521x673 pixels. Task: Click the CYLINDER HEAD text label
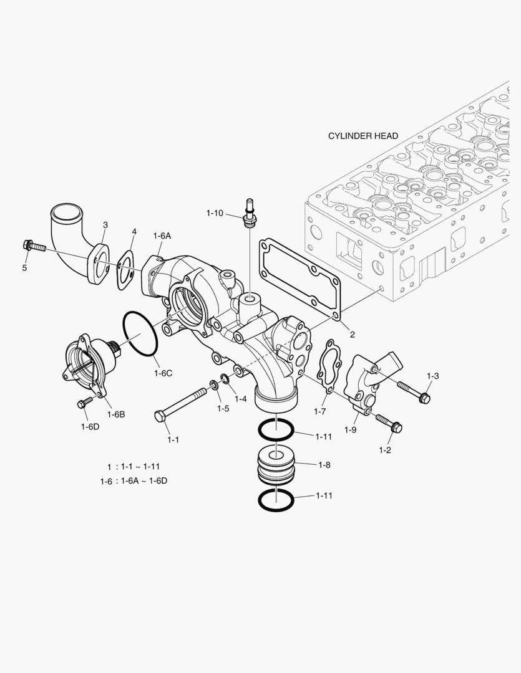[x=363, y=136]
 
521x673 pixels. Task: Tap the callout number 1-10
[x=214, y=213]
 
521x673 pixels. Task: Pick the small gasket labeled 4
[x=127, y=269]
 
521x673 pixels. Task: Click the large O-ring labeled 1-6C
[x=140, y=334]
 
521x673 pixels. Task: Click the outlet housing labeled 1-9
[x=368, y=380]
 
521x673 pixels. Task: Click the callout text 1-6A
[x=162, y=236]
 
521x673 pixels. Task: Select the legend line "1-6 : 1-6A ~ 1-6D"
[x=134, y=480]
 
